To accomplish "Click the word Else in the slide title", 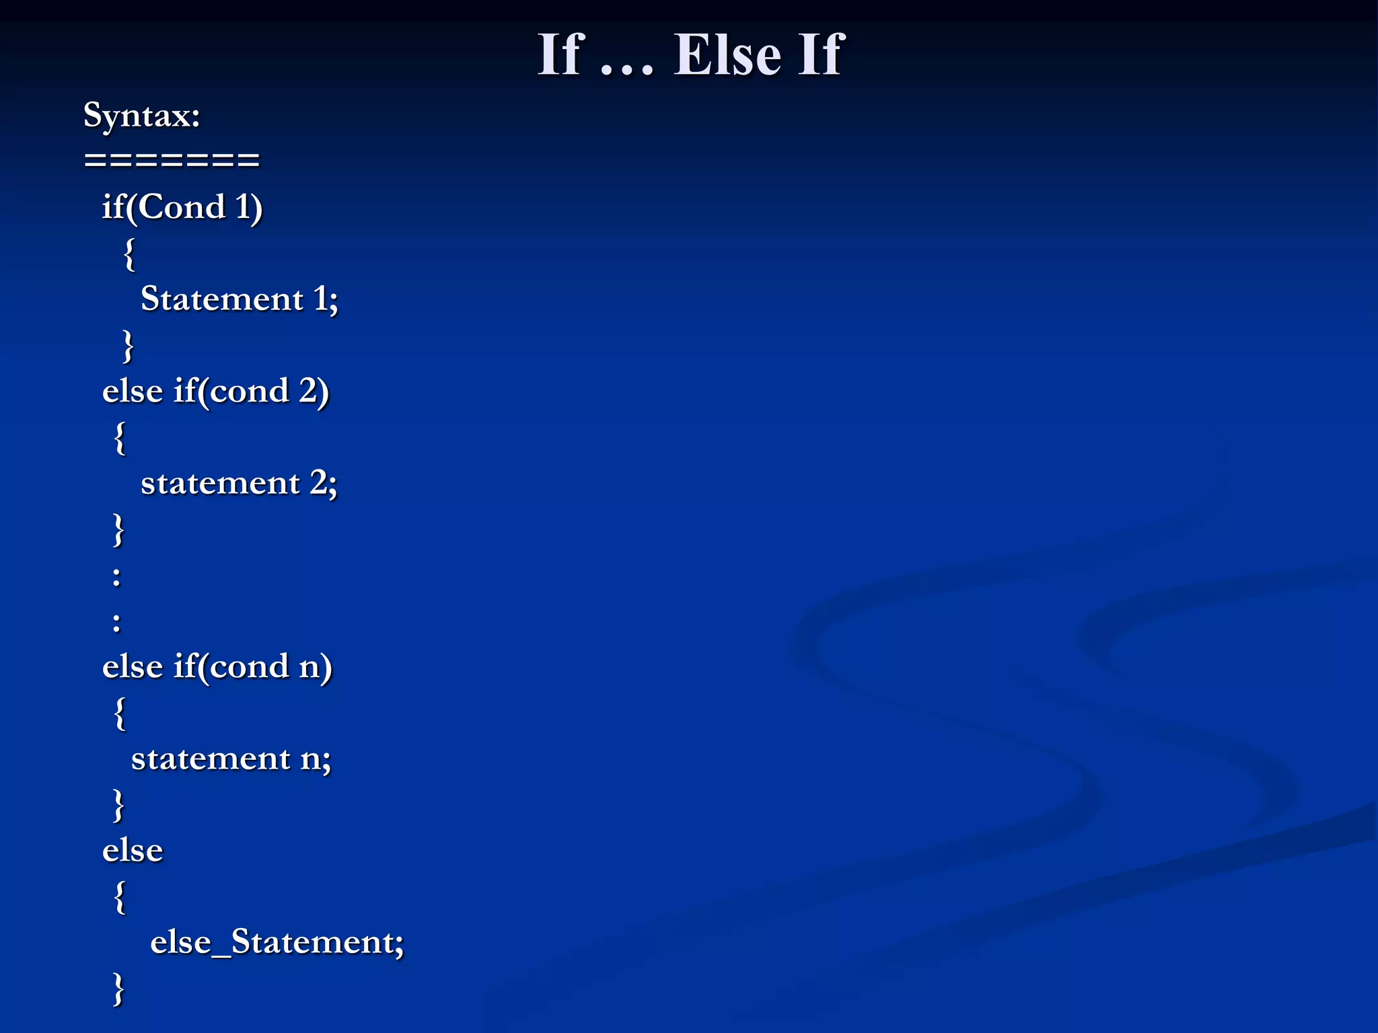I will coord(727,55).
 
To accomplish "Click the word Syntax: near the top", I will coord(142,116).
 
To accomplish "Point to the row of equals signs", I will coord(172,160).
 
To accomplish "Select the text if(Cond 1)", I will coord(182,206).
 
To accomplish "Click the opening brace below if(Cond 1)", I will coord(129,254).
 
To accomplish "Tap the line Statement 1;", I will coord(239,299).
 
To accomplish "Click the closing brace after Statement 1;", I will coord(128,346).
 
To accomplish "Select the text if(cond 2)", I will coord(251,391).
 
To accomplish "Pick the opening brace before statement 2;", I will coord(120,438).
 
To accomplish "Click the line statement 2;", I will coord(239,483).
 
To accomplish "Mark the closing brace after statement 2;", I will coord(118,530).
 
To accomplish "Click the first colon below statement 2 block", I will coord(116,576).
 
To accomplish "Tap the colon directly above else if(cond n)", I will coord(116,622).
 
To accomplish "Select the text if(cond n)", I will coord(253,666).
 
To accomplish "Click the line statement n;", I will coord(231,759).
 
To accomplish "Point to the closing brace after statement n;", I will coord(118,805).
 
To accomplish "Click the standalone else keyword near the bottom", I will coord(133,851).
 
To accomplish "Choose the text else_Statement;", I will coord(277,942).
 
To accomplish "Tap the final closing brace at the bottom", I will coord(118,989).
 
